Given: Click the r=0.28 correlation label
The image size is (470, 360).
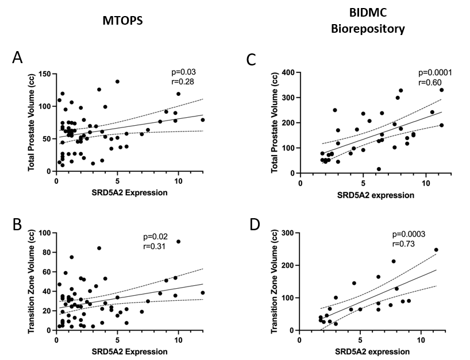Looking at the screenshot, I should coord(184,82).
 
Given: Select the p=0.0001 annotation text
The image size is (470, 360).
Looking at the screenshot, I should coord(435,73).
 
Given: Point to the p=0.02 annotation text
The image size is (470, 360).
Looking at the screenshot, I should coord(156,237).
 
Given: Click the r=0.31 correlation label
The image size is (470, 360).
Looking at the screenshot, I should coord(156,247).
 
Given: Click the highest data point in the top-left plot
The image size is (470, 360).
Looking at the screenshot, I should coord(117,82).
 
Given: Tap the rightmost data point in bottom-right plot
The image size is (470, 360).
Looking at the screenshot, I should coord(436,250).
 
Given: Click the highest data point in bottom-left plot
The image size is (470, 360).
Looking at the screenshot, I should coord(178,242).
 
